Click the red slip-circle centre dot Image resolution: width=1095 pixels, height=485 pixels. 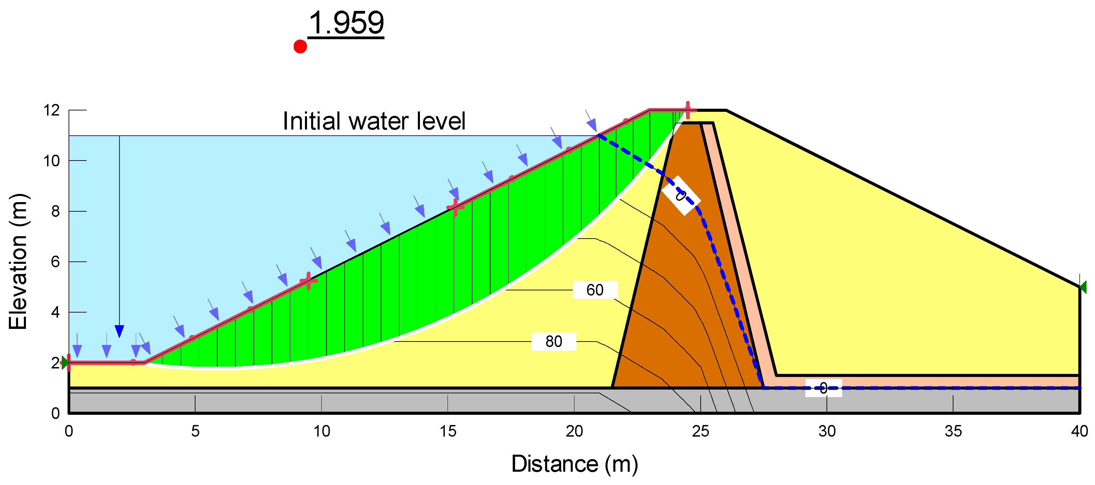[300, 47]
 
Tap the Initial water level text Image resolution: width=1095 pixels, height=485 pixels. [374, 121]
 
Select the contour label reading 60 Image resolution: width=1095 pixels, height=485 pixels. [595, 290]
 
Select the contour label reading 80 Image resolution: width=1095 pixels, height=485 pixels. [553, 342]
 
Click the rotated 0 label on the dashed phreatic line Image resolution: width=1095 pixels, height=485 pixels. [681, 195]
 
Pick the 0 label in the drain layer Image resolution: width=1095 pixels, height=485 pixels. [823, 388]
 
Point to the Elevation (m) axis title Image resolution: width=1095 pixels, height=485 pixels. [18, 262]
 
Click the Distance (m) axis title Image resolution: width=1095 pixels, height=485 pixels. [574, 464]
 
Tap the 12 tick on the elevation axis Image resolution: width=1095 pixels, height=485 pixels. [52, 110]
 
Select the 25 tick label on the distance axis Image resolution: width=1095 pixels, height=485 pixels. [701, 431]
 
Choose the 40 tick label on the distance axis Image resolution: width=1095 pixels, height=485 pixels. [1079, 431]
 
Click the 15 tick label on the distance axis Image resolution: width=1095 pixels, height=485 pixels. [448, 431]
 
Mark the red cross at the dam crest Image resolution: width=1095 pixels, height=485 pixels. [688, 110]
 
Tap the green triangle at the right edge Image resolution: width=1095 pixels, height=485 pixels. [1083, 287]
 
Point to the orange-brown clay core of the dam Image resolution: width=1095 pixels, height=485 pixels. [676, 297]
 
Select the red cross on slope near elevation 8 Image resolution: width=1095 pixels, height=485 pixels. [455, 207]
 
